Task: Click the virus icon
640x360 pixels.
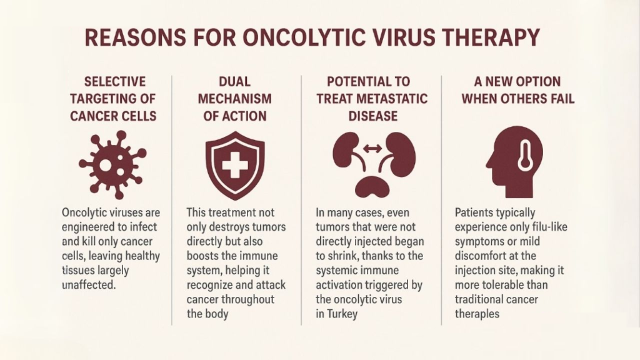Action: pyautogui.click(x=112, y=164)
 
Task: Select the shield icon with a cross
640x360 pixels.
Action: pyautogui.click(x=235, y=165)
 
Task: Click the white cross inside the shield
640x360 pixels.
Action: pyautogui.click(x=235, y=165)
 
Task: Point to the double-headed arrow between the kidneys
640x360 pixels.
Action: pyautogui.click(x=372, y=149)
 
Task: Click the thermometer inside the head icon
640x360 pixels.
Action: pyautogui.click(x=525, y=156)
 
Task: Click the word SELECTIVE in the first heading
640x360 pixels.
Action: pyautogui.click(x=115, y=82)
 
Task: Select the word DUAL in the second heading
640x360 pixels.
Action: pyautogui.click(x=235, y=82)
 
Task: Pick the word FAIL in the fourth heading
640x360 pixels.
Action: pyautogui.click(x=561, y=99)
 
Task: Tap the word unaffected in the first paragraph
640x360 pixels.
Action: pyautogui.click(x=89, y=284)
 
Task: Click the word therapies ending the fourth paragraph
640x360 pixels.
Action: pyautogui.click(x=477, y=314)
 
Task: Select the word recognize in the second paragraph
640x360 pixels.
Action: pyautogui.click(x=209, y=285)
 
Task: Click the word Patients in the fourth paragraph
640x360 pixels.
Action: pyautogui.click(x=474, y=212)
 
